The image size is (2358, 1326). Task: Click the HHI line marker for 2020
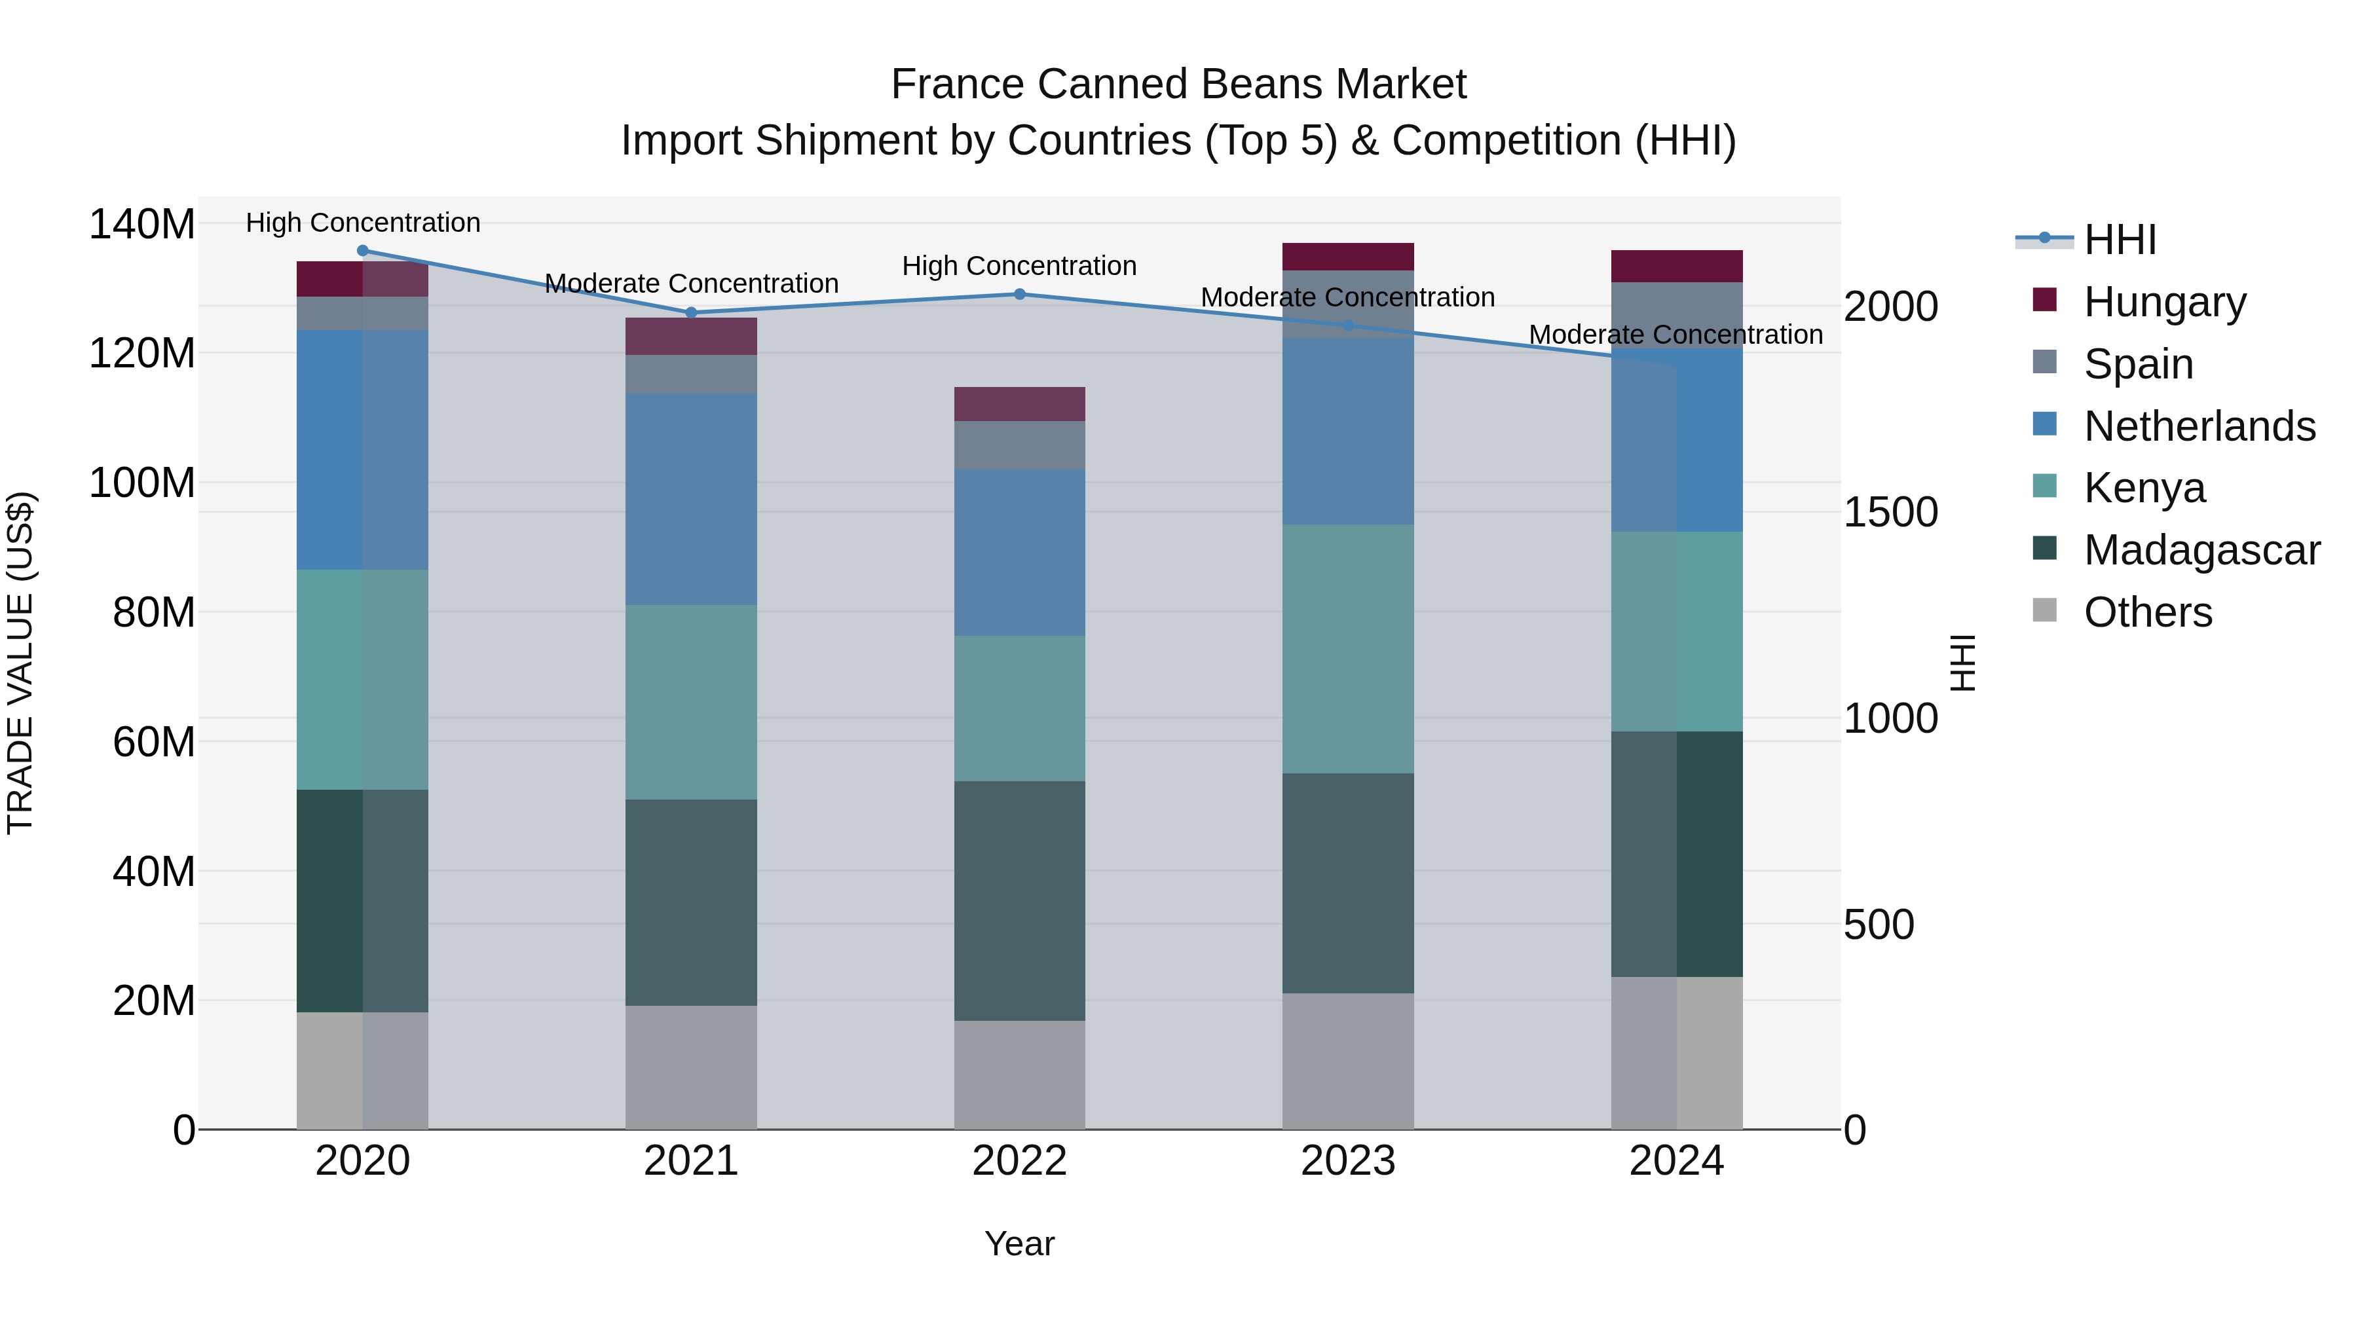click(x=362, y=251)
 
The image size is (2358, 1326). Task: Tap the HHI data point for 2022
click(x=1020, y=295)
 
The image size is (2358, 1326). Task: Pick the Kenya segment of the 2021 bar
click(x=691, y=702)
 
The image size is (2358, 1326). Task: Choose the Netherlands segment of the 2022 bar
click(x=1020, y=553)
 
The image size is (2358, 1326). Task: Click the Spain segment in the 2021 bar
click(x=691, y=375)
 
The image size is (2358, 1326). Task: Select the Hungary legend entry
click(x=2164, y=302)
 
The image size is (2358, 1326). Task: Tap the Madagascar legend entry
click(x=2201, y=550)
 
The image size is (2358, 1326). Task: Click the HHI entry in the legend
click(x=2119, y=240)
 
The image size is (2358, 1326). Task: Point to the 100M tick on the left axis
click(x=142, y=482)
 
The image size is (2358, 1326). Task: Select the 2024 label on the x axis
click(x=1676, y=1161)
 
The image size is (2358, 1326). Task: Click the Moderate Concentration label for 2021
click(x=691, y=284)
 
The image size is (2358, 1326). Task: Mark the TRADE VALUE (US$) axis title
click(x=20, y=663)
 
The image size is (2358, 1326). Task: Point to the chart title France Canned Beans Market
click(x=1178, y=84)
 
